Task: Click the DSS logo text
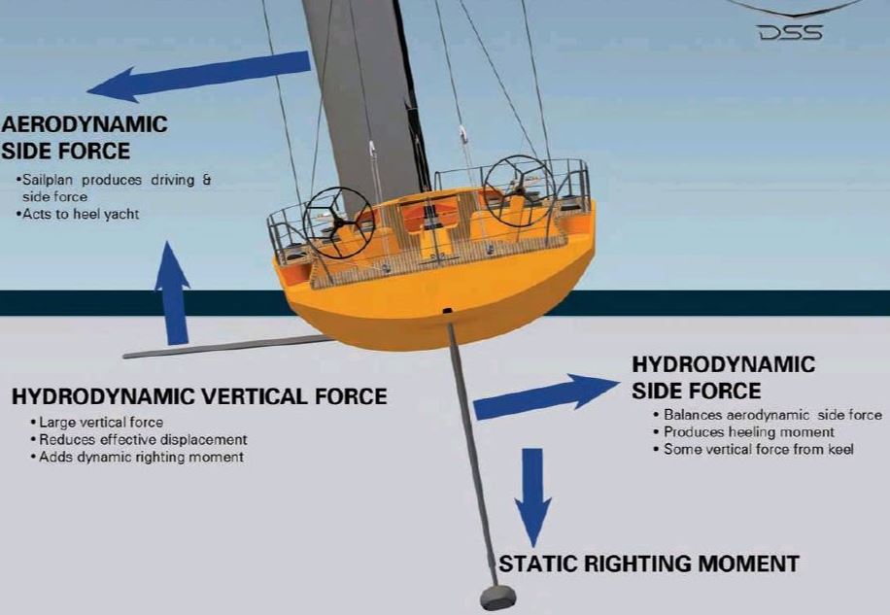click(790, 33)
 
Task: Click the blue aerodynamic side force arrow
click(198, 77)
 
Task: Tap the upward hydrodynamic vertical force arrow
click(173, 293)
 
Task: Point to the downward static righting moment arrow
click(532, 497)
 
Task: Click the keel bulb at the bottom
click(497, 598)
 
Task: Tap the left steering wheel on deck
click(338, 222)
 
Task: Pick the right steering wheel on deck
click(519, 191)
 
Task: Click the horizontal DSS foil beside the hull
click(227, 347)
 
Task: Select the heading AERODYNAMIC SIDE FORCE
click(85, 138)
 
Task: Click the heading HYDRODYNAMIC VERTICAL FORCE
click(199, 396)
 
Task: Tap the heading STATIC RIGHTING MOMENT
click(649, 564)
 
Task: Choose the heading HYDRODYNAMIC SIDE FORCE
click(724, 377)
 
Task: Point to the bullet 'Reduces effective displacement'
click(139, 440)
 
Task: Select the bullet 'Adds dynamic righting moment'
click(137, 458)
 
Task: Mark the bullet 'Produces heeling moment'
click(743, 432)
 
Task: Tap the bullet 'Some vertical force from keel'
click(753, 449)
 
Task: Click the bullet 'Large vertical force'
click(97, 423)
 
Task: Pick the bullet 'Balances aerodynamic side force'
click(768, 415)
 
